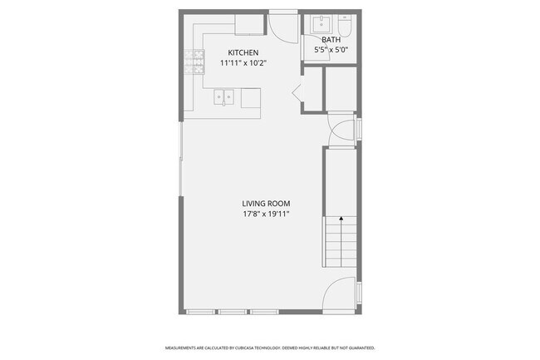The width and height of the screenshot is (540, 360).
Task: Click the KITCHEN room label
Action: tap(243, 52)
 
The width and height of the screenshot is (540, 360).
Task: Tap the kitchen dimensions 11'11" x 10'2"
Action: tap(243, 62)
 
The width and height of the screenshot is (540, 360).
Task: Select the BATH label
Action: tap(331, 39)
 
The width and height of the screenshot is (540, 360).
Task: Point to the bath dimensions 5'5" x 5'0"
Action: tap(331, 50)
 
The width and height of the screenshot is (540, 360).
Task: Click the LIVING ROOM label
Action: tap(266, 204)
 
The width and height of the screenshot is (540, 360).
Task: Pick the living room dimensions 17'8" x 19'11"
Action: tap(266, 215)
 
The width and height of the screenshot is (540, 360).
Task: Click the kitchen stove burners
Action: tap(199, 63)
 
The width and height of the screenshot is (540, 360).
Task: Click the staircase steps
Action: tap(340, 245)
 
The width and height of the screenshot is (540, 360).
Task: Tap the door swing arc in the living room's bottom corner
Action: tap(341, 294)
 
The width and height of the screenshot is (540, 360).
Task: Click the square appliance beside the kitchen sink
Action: tap(250, 98)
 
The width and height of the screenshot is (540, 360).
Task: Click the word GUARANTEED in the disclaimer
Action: tap(358, 348)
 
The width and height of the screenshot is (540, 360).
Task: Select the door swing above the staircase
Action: tap(341, 131)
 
